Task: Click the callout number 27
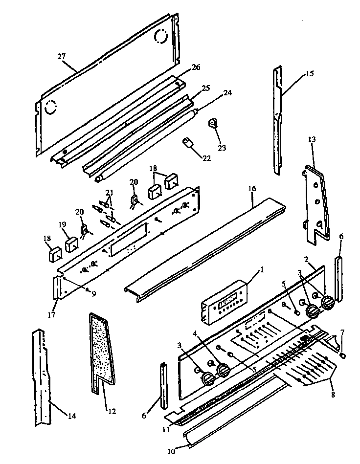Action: (61, 57)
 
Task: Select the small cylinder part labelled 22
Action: (188, 143)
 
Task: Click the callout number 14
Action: (72, 417)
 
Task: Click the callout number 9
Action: (93, 293)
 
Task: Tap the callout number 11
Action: (167, 430)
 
